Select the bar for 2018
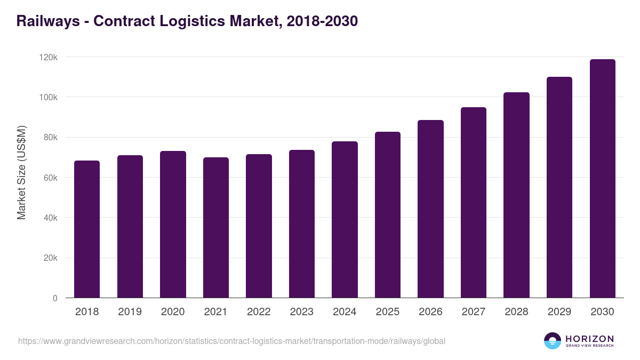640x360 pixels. click(x=87, y=229)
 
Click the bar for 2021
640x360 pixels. click(x=216, y=228)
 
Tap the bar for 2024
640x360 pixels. click(x=345, y=220)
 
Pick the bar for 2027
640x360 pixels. click(x=474, y=203)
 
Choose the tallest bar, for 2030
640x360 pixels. click(x=603, y=179)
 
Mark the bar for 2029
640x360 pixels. click(x=559, y=187)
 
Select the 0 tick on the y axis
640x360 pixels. click(x=55, y=299)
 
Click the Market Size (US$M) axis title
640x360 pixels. click(x=21, y=173)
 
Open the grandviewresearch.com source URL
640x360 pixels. click(x=231, y=341)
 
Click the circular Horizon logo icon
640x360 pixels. click(x=553, y=341)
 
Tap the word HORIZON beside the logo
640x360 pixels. click(x=589, y=339)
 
